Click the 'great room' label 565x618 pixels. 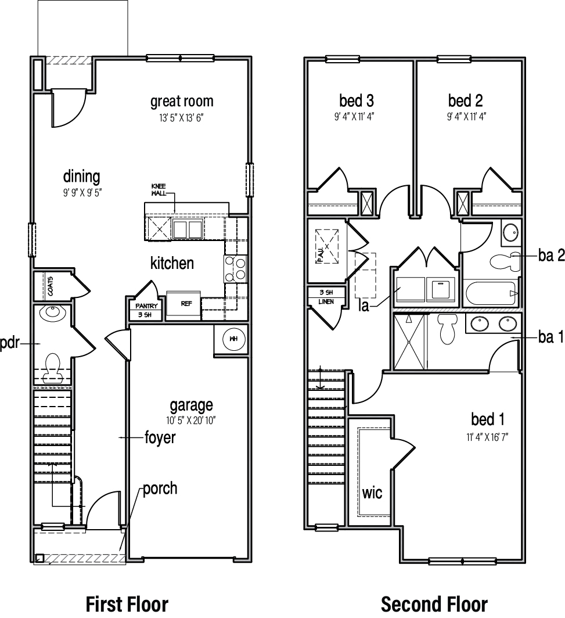[182, 102]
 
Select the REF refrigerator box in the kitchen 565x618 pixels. [183, 304]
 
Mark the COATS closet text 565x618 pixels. [51, 286]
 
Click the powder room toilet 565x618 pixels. [53, 364]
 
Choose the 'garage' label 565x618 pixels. [191, 405]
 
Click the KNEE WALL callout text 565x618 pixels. [159, 189]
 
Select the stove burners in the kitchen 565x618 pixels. [235, 269]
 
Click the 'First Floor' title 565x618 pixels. [127, 603]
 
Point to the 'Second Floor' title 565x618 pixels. [434, 603]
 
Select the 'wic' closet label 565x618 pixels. [372, 493]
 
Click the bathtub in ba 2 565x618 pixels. [490, 293]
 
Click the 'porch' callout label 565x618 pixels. [160, 488]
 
